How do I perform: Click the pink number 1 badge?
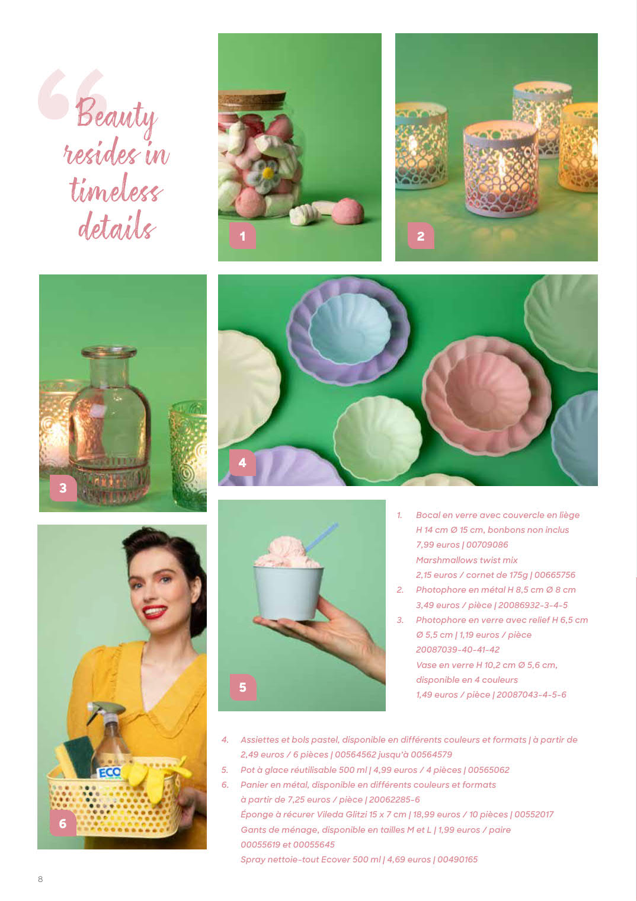tap(242, 236)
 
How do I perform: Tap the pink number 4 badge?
tap(242, 462)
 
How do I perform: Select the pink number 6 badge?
tap(63, 823)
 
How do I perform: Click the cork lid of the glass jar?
tap(252, 101)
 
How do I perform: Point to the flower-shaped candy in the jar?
tap(264, 174)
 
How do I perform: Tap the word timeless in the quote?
tap(116, 190)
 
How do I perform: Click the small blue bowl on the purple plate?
tap(350, 329)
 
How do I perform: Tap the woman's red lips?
tap(155, 612)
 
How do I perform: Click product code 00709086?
tap(487, 545)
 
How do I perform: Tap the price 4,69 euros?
tap(405, 860)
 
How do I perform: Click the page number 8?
tap(40, 879)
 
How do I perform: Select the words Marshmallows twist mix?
tap(466, 560)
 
